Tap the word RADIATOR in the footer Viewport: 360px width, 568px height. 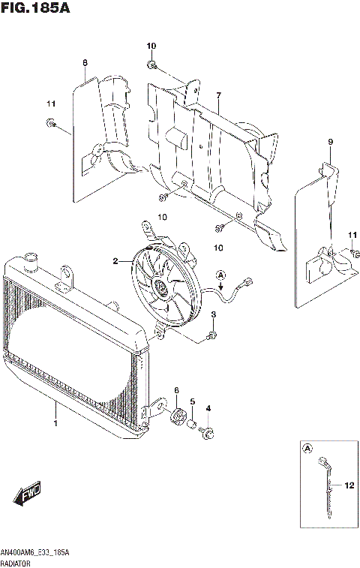(18, 561)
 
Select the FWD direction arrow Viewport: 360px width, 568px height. (27, 494)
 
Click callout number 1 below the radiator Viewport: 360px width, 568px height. (55, 424)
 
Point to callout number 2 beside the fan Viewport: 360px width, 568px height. (115, 261)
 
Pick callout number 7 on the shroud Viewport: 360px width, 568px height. (218, 95)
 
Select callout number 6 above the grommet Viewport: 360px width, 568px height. (176, 390)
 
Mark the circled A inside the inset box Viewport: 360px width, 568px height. (307, 449)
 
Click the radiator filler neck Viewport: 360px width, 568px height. (31, 263)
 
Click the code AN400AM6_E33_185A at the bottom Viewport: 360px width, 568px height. (36, 552)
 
